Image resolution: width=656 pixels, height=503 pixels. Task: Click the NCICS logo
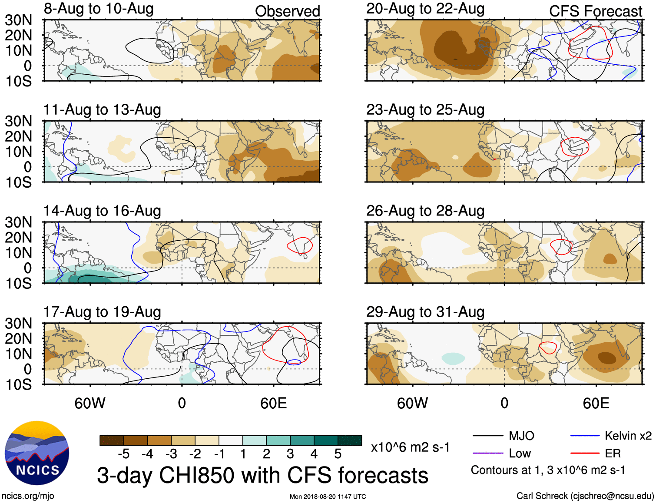(37, 453)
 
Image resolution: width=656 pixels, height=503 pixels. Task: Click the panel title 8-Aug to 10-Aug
(99, 9)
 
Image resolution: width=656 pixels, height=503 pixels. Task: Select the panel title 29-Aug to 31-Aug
(425, 312)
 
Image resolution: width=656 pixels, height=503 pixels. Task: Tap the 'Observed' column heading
(287, 11)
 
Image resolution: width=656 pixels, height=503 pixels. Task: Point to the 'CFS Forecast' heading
(595, 11)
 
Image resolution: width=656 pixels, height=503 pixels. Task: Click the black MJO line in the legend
(487, 436)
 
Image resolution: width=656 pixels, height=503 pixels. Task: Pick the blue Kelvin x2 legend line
(585, 436)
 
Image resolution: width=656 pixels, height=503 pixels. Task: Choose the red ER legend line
(585, 453)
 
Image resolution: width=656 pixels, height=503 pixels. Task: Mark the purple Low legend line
(487, 453)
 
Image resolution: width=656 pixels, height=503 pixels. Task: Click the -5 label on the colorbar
(123, 454)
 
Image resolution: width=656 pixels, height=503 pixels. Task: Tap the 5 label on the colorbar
(338, 454)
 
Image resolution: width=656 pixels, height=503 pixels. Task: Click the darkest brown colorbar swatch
(112, 440)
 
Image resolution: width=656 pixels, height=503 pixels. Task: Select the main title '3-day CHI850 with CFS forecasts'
(262, 475)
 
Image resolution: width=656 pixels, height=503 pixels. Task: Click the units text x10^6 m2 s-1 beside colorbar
(410, 447)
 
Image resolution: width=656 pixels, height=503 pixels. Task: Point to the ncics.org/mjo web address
(28, 496)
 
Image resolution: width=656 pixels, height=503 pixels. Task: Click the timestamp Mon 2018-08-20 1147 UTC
(328, 496)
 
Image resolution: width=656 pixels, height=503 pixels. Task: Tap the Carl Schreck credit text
(585, 496)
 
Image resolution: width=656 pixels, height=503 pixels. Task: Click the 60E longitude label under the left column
(273, 403)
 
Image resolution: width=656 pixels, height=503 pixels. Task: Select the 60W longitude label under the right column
(412, 403)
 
